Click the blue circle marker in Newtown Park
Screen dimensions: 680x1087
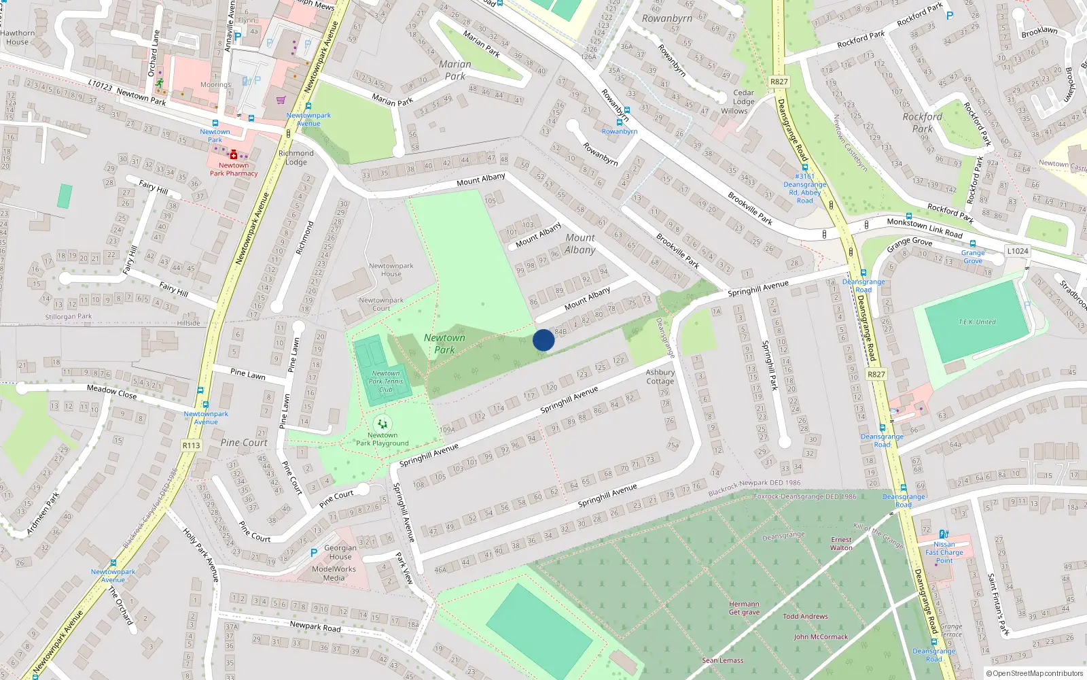[x=543, y=340]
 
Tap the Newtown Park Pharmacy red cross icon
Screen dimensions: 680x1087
[x=234, y=154]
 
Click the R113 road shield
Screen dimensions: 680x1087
[x=191, y=445]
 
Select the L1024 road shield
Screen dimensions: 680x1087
[x=1017, y=251]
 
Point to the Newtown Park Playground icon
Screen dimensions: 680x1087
[x=382, y=424]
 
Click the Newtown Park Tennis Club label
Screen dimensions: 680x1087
[x=386, y=381]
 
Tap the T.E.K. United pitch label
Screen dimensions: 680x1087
[x=976, y=322]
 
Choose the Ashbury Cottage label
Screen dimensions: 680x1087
[x=660, y=377]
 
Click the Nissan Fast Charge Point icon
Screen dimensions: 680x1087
[x=944, y=534]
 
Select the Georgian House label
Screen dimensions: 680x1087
[x=340, y=552]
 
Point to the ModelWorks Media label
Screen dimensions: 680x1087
[x=334, y=573]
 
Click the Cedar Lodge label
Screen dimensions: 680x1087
[x=743, y=97]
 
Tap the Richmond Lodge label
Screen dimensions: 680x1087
[x=296, y=158]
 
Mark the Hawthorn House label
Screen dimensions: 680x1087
[x=17, y=37]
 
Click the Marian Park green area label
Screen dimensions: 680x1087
[x=455, y=70]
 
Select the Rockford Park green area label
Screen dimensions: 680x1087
[x=922, y=122]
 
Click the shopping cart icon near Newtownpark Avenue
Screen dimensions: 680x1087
[x=281, y=100]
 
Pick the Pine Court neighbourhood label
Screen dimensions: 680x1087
[x=244, y=443]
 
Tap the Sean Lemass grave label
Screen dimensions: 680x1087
[x=722, y=660]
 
